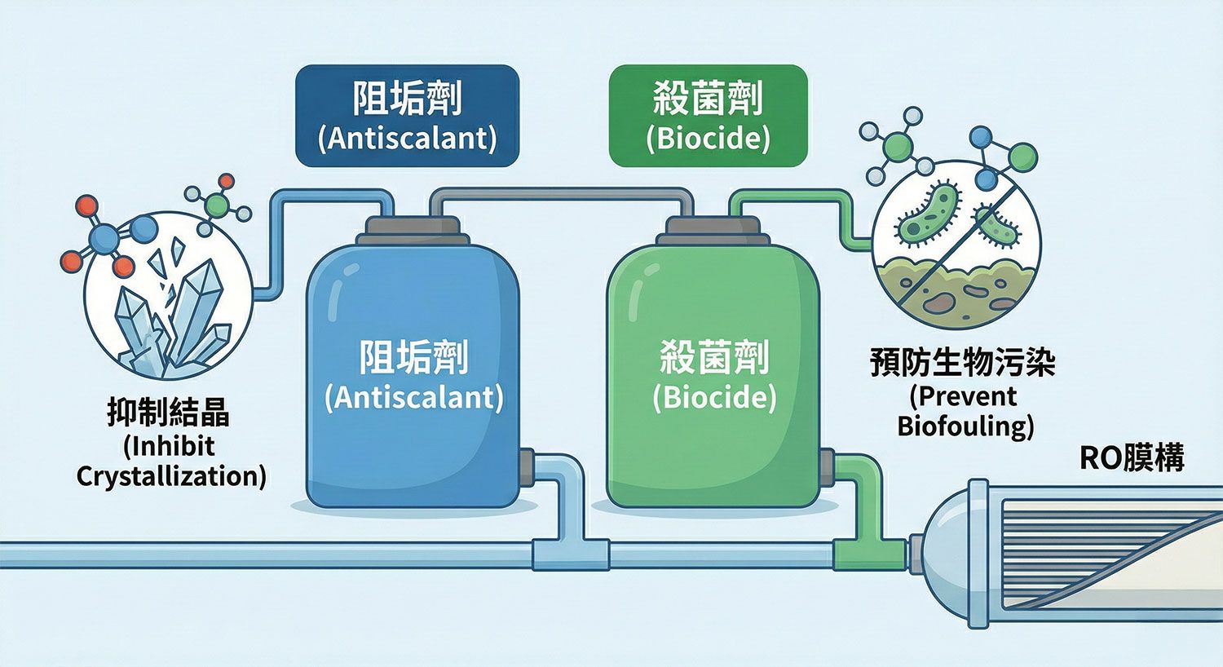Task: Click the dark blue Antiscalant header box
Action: click(407, 116)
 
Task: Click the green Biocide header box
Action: click(708, 116)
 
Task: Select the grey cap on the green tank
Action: click(713, 229)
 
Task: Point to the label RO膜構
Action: click(1132, 458)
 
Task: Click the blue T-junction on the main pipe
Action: click(570, 554)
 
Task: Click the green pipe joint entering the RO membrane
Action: click(869, 554)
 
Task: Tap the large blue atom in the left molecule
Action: click(104, 238)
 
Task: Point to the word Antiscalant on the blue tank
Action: click(413, 397)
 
